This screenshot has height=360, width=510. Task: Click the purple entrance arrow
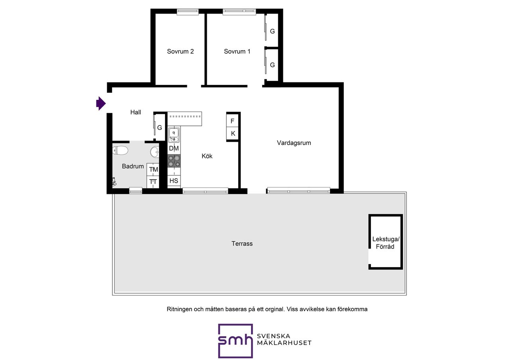(x=101, y=103)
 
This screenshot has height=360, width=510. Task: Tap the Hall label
(x=135, y=112)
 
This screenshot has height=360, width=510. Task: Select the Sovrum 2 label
(x=180, y=51)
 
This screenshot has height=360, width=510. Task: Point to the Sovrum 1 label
(x=237, y=51)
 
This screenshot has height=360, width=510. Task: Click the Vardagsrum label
(x=294, y=143)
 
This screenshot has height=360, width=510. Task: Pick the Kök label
(x=207, y=156)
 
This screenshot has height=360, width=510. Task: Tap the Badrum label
(x=133, y=166)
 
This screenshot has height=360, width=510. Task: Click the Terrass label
(x=242, y=244)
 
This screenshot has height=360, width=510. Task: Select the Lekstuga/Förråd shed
(x=385, y=242)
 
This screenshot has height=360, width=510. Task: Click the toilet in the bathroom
(x=120, y=151)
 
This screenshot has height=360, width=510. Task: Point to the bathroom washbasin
(x=155, y=152)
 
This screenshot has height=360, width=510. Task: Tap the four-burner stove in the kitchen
(x=174, y=161)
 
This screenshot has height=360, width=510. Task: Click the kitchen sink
(x=174, y=135)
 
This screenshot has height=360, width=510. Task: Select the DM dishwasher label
(x=174, y=149)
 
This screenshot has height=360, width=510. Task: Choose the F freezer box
(x=232, y=121)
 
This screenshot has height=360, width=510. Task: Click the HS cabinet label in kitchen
(x=174, y=181)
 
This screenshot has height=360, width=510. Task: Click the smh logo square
(x=235, y=341)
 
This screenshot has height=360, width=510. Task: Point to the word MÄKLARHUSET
(x=284, y=343)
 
